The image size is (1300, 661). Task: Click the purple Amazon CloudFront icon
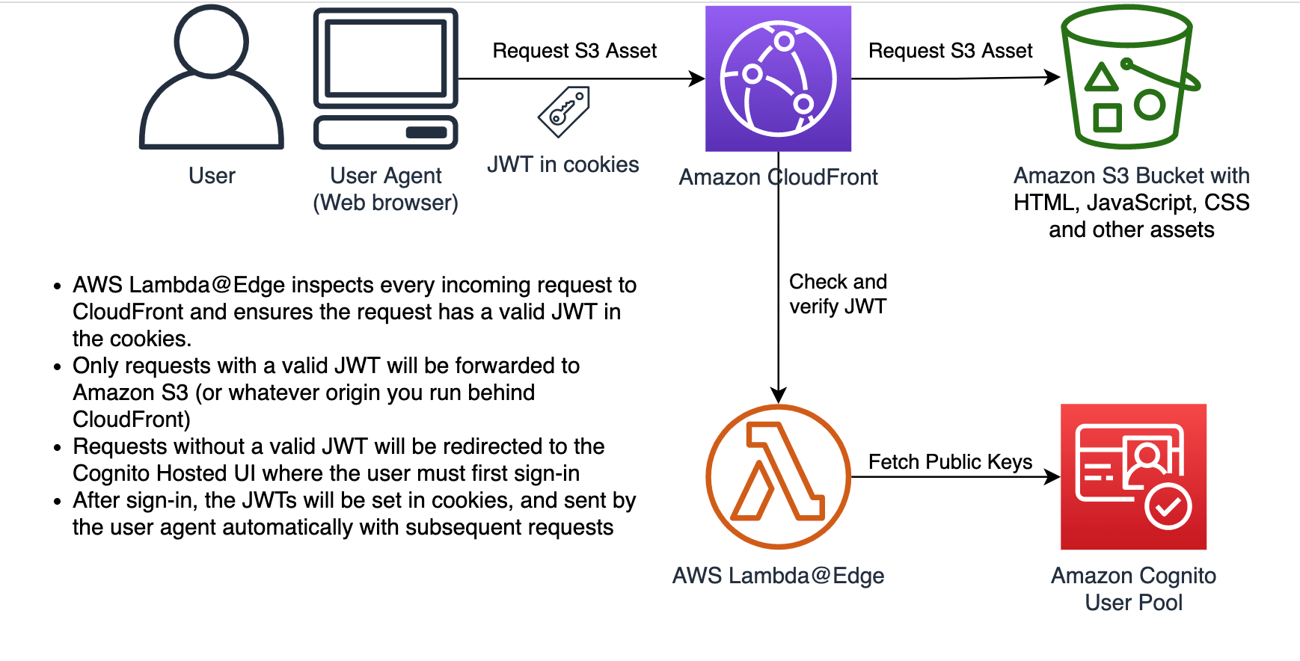778,79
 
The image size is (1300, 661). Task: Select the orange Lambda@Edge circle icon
778,476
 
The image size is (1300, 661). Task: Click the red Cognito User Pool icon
1133,476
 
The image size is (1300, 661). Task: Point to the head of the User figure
212,41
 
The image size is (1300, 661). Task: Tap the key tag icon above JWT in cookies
564,112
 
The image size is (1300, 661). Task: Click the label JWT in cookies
562,165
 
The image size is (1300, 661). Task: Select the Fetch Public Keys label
950,462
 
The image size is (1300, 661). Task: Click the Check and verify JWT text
838,294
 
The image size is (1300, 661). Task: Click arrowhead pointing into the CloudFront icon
697,79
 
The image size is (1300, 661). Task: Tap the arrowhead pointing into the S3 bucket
1052,77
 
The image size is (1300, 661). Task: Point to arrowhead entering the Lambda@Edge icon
778,395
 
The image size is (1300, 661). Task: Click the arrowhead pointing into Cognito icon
1052,476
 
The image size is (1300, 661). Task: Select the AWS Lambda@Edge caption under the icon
778,576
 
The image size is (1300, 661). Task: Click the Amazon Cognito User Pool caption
1133,588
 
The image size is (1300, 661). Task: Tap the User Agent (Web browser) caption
385,189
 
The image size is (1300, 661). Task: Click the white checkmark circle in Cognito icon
1168,508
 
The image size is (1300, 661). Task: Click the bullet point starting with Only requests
58,367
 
